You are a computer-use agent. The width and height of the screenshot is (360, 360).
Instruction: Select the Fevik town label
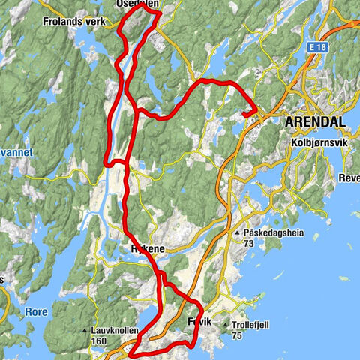coord(199,321)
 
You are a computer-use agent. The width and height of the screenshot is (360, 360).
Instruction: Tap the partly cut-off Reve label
coord(349,157)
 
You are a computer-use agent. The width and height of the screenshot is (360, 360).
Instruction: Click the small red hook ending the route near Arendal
coord(245,113)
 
